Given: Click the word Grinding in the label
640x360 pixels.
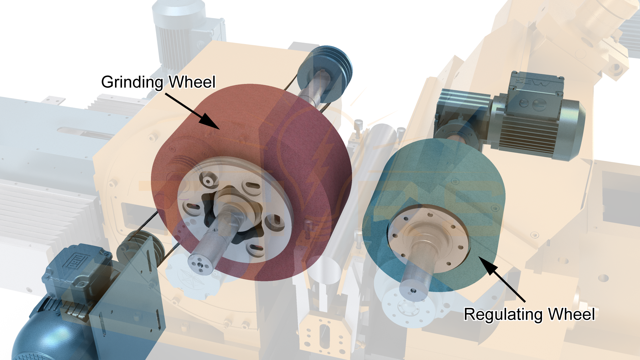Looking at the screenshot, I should (132, 82).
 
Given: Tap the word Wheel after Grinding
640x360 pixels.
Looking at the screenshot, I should (192, 82).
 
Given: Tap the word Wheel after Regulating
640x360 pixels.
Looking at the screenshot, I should (571, 314).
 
